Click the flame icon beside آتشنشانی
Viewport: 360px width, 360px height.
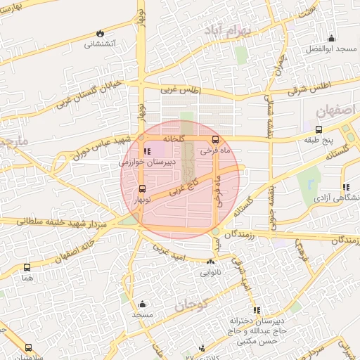(100, 32)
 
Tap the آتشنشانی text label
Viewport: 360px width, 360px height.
(100, 44)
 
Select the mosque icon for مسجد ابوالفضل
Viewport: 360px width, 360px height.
(331, 39)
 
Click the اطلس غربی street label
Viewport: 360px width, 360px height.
(181, 90)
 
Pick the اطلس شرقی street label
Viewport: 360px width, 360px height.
(309, 84)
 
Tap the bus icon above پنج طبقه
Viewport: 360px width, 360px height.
(319, 129)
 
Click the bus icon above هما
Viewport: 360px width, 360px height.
(27, 267)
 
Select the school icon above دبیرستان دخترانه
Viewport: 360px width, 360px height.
(257, 310)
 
